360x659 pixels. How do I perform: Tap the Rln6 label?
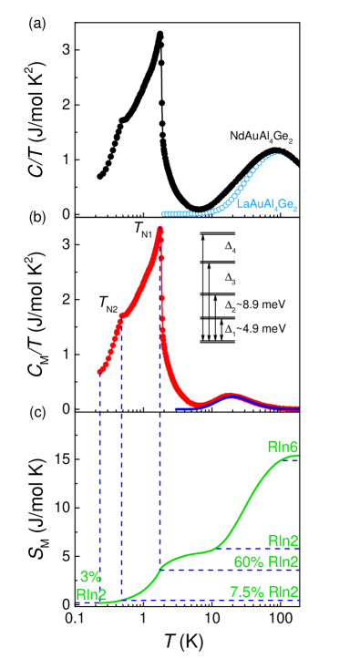[283, 447]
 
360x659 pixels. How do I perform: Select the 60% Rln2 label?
[266, 561]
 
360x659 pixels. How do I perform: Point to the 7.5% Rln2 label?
[263, 592]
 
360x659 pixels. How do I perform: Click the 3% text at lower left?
[90, 577]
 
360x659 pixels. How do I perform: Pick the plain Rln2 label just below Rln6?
[283, 539]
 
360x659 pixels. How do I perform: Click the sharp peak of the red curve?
[160, 230]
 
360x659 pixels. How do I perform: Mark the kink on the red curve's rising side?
[122, 315]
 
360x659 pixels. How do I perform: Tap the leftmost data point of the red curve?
[100, 371]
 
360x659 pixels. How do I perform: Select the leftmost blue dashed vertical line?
[99, 483]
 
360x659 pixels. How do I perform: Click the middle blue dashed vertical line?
[122, 456]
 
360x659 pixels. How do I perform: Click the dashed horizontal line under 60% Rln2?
[228, 571]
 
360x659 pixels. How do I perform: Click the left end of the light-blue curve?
[164, 213]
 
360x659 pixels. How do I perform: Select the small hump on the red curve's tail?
[231, 396]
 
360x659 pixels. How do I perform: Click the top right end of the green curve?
[297, 456]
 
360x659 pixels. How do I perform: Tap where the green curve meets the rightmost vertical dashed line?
[160, 568]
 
